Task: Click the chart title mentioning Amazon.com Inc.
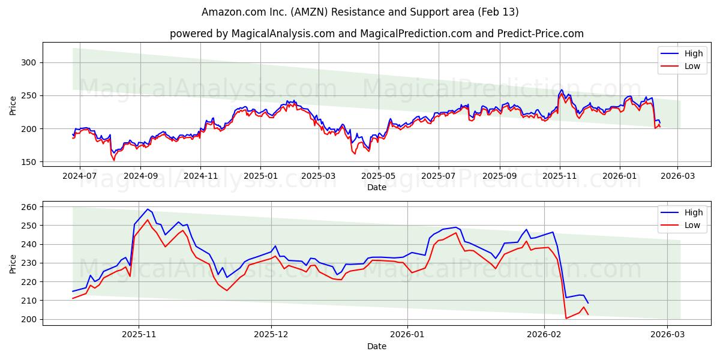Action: point(360,12)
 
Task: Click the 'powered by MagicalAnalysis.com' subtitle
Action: point(376,34)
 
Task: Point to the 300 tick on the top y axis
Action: point(29,62)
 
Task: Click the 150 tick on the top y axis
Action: point(29,162)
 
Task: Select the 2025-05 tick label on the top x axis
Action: point(377,177)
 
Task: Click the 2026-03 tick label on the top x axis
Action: point(677,177)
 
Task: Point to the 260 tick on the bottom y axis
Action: point(29,207)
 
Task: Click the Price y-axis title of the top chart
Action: point(13,106)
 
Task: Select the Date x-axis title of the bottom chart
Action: point(376,346)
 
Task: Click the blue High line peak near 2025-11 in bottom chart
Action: point(148,209)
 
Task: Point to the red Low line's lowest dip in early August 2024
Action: point(114,160)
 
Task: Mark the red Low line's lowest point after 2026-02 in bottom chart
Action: point(566,318)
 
